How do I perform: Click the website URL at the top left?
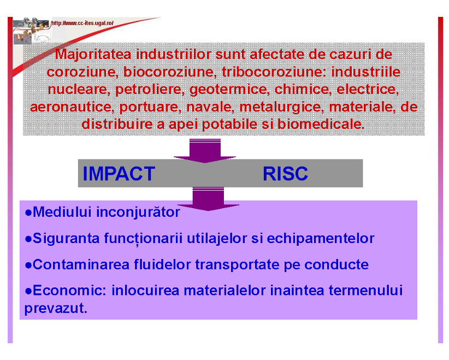point(82,23)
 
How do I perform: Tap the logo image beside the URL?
point(32,31)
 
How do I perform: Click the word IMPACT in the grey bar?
point(119,174)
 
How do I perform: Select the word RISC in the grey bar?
point(285,174)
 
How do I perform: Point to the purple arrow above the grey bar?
point(205,151)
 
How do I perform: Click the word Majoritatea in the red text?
point(93,55)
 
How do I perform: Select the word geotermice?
point(229,90)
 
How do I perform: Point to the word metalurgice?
point(282,107)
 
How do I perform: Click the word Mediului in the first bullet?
point(62,212)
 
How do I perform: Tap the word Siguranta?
point(66,239)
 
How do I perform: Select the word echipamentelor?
point(321,239)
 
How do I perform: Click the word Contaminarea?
point(81,264)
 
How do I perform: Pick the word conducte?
point(336,264)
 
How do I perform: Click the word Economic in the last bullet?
point(69,291)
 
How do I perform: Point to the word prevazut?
point(56,309)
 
